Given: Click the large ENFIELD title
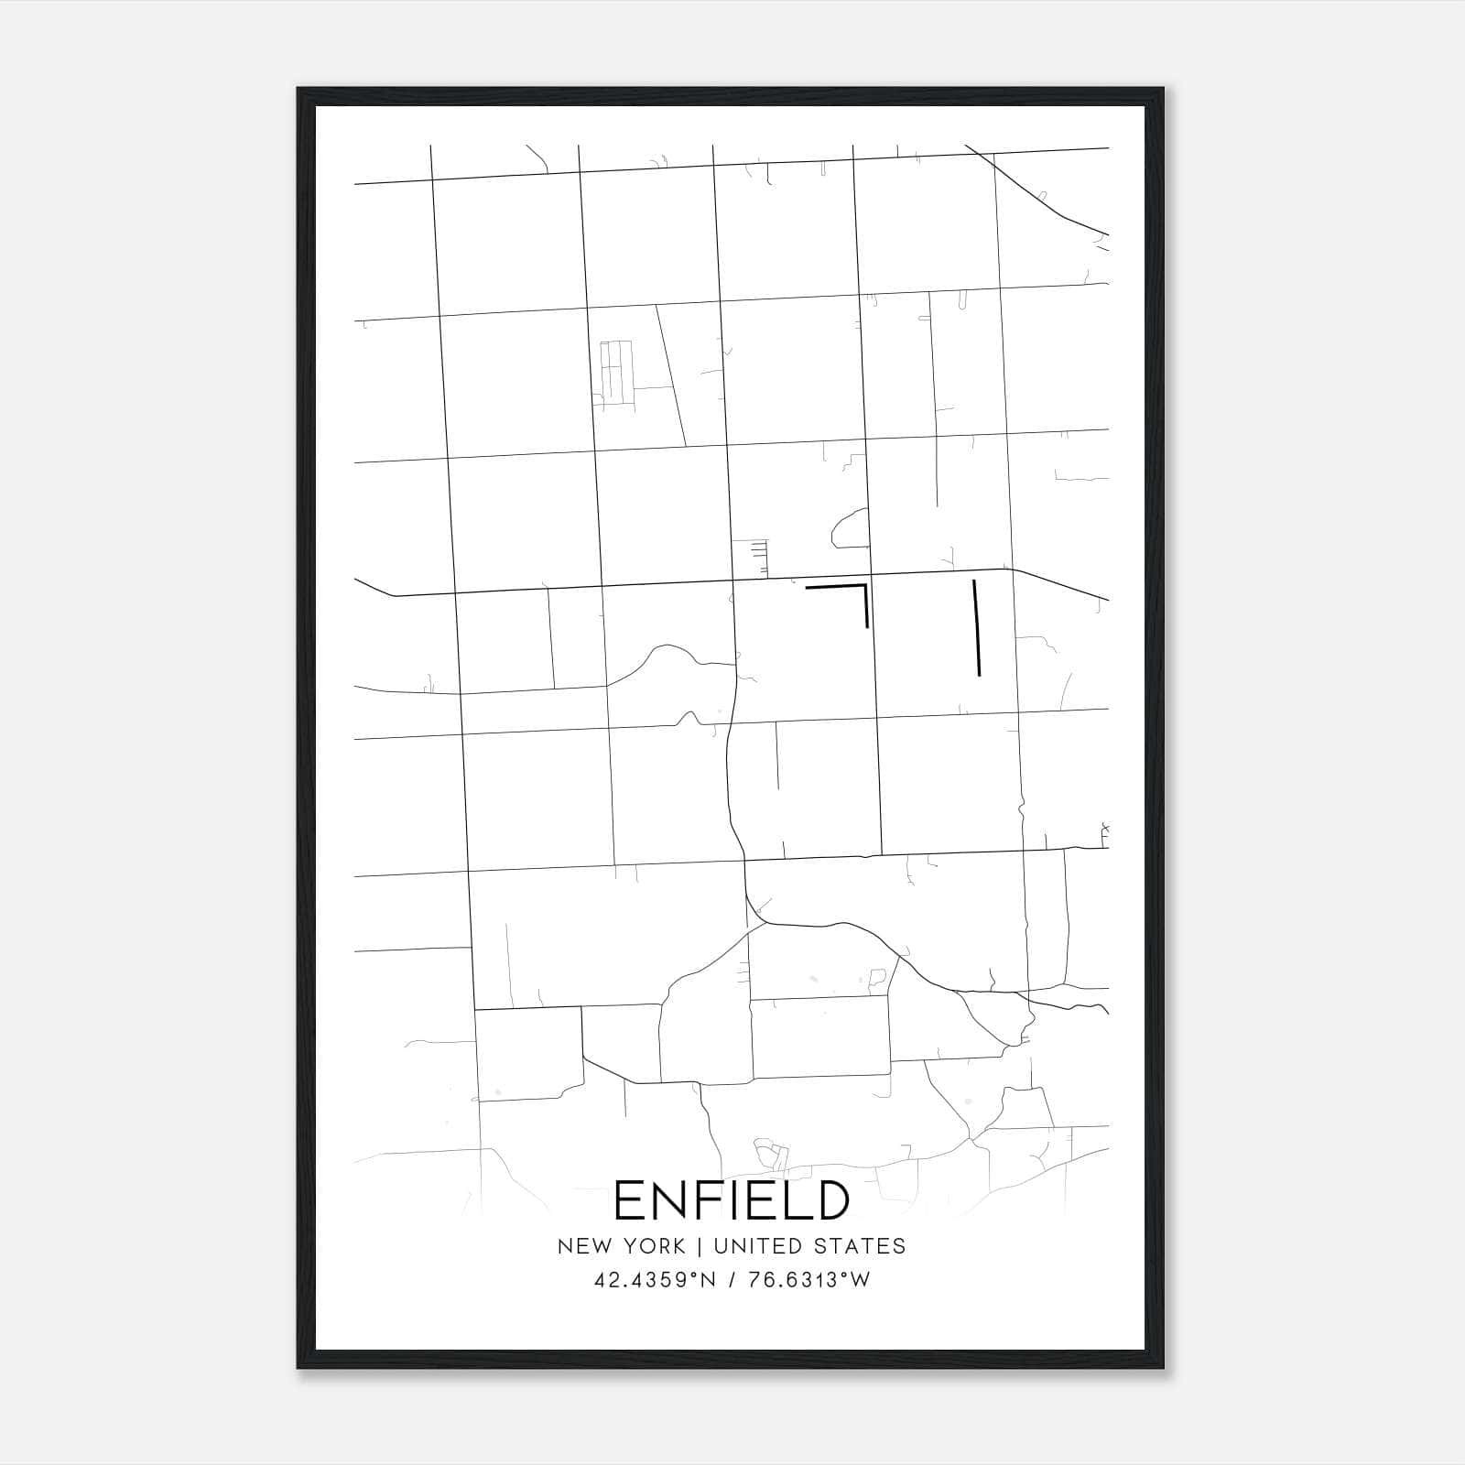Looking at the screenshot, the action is [x=732, y=1200].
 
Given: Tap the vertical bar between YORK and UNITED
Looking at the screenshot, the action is [x=699, y=1246].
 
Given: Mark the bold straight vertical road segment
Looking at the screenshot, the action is [x=977, y=628].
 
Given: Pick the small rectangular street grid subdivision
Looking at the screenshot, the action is [x=615, y=371].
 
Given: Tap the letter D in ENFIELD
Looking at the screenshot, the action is [x=830, y=1200].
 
